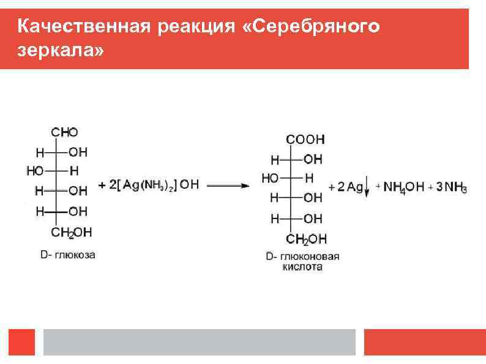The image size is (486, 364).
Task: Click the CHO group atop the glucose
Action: [x=65, y=132]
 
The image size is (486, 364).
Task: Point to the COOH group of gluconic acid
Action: [x=305, y=139]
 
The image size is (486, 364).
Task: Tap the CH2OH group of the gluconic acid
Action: [x=306, y=239]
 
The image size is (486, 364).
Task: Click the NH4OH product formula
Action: [x=403, y=187]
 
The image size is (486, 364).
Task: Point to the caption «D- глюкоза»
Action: [x=68, y=254]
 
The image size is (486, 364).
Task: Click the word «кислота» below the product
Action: [x=302, y=267]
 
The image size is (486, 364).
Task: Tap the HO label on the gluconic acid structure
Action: [x=270, y=178]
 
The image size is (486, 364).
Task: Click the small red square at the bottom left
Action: [x=21, y=342]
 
